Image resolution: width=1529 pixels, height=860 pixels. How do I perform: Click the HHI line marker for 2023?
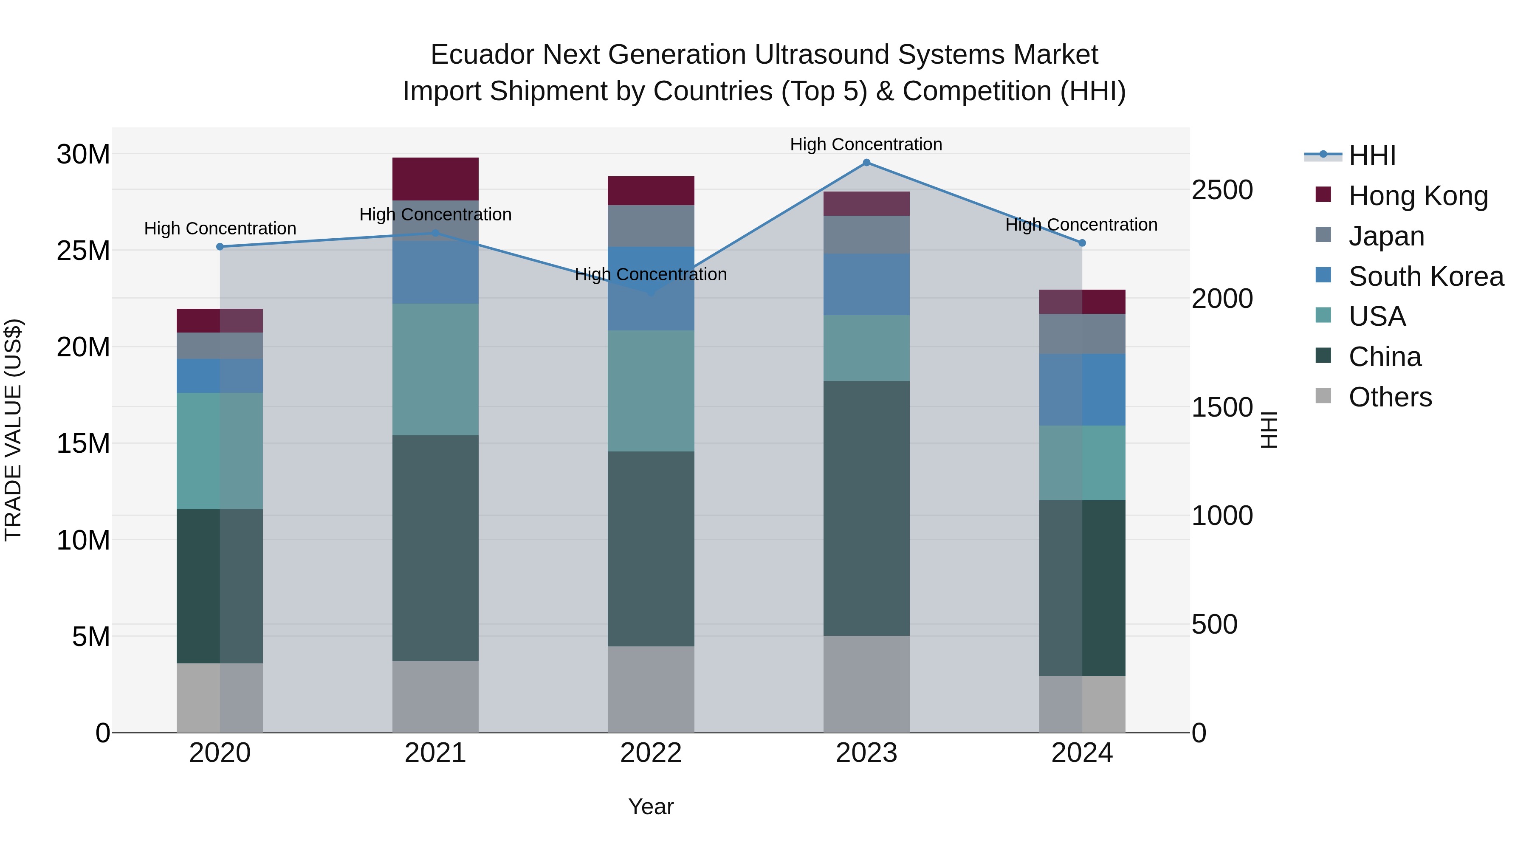(866, 163)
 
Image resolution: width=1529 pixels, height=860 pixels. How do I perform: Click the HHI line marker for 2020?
(220, 247)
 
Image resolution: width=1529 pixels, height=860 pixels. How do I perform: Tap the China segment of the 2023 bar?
(866, 508)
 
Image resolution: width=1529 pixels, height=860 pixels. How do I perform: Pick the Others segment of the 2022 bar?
(651, 689)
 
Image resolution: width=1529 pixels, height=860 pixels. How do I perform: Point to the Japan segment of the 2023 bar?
(866, 234)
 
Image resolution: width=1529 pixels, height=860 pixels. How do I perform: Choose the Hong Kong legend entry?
(1418, 196)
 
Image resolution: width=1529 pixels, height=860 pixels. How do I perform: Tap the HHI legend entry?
(1372, 155)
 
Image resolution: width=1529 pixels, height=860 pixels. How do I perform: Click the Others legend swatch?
(1323, 396)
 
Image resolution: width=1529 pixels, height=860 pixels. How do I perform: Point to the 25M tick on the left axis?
(83, 251)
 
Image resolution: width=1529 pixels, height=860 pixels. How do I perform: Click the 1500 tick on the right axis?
(1222, 407)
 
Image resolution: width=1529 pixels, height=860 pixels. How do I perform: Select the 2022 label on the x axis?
(651, 753)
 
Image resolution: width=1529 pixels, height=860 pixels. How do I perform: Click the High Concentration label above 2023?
(866, 144)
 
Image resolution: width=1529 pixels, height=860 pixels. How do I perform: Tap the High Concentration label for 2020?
(220, 228)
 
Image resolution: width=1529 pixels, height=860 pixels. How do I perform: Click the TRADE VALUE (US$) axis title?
(13, 430)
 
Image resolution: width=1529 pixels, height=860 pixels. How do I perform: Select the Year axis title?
(651, 806)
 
